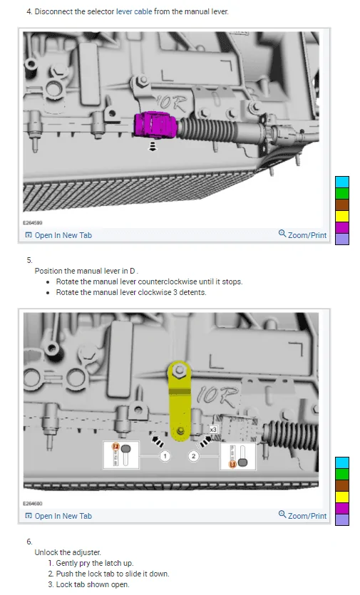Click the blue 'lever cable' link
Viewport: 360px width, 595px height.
pos(134,12)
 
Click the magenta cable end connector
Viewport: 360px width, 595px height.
pos(155,124)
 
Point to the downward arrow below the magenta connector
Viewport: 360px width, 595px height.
pos(153,147)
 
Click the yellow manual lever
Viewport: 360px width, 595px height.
pos(179,400)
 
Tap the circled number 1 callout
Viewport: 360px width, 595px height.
pos(165,455)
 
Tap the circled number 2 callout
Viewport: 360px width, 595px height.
pos(194,455)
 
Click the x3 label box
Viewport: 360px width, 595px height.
pos(213,429)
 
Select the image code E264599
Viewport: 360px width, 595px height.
pos(33,223)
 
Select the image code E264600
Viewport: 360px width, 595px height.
pos(33,504)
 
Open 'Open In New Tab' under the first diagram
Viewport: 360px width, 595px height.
pos(58,235)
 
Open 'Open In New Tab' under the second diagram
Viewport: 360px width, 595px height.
pos(58,516)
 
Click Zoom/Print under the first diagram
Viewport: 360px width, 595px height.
pos(303,235)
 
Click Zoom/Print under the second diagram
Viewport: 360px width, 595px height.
pos(303,516)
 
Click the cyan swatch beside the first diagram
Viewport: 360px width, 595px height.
pos(341,182)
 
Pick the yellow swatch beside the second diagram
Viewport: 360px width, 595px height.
pos(341,497)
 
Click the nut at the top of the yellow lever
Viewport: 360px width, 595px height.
pos(180,371)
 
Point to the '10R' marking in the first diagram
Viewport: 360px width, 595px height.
pos(173,103)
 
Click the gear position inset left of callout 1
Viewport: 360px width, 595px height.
pos(121,455)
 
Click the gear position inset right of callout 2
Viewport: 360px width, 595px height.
pos(238,456)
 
